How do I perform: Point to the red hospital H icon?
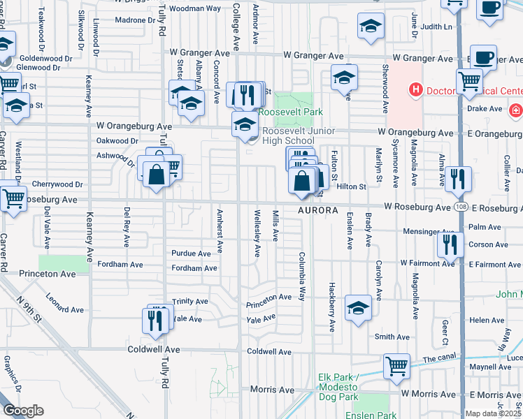(x=416, y=89)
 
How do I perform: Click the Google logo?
(x=23, y=410)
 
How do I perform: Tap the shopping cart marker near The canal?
(x=396, y=365)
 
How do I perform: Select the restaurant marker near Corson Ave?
(x=448, y=244)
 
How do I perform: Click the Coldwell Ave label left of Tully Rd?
(x=154, y=349)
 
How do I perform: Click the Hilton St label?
(x=352, y=187)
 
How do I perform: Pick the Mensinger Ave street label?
(x=429, y=231)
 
